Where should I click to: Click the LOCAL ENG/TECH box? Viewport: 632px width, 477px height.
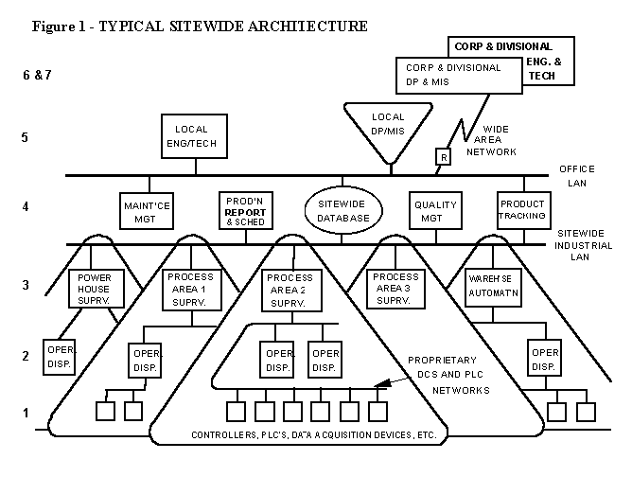(197, 134)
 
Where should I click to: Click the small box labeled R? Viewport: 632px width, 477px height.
(441, 156)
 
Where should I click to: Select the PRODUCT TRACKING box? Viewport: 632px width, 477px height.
(523, 210)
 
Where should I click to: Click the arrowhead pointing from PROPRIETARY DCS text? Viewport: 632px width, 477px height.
(379, 385)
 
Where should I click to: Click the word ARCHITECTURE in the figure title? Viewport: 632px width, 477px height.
(301, 26)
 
